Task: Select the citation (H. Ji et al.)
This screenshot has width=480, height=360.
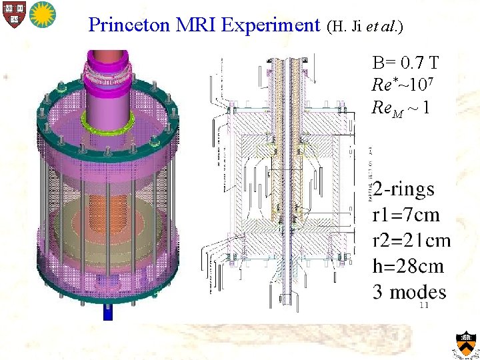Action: point(365,27)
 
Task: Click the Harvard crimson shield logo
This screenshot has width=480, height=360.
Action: point(11,14)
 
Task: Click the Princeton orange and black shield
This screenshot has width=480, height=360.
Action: point(467,343)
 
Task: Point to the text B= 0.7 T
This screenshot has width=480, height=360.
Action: point(405,64)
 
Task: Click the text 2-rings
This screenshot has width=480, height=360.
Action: point(404,190)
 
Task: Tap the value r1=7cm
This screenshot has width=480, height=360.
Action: point(406,215)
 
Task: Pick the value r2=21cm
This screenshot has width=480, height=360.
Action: point(411,241)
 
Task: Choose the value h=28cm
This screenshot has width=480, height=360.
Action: point(408,266)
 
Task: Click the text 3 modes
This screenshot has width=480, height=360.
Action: point(409,291)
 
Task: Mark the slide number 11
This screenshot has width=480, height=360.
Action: point(423,305)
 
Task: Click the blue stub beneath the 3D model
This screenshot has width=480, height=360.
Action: point(108,312)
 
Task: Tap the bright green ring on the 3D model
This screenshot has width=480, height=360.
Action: point(107,120)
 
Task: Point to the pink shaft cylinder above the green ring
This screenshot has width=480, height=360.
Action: point(107,93)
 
